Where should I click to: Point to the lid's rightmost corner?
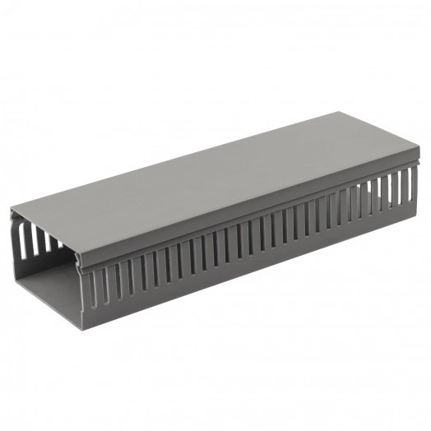click(419, 149)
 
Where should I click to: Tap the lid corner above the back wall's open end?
click(11, 209)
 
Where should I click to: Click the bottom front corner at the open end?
click(83, 327)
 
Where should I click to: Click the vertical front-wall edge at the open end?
click(83, 296)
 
